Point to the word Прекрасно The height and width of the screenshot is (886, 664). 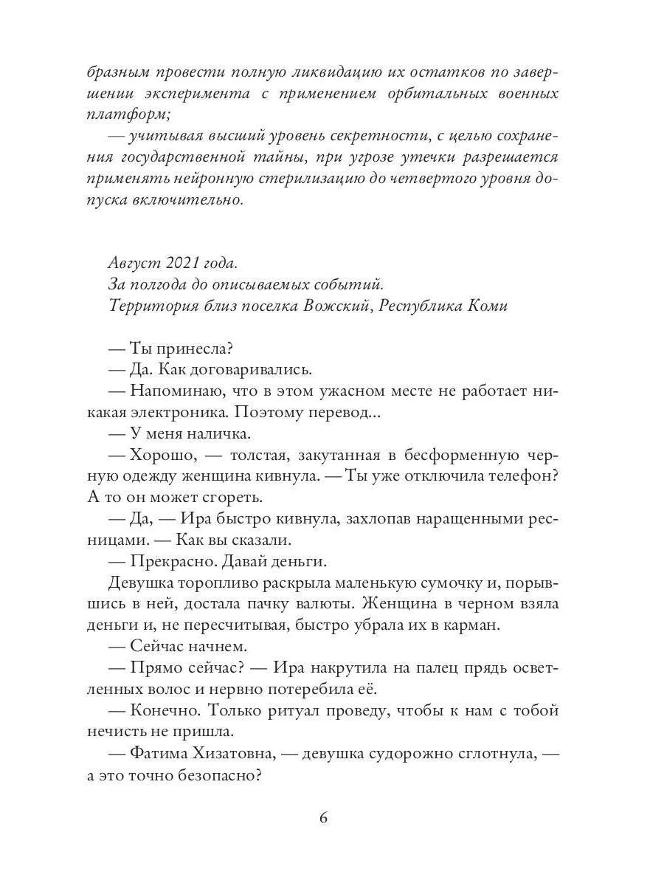tap(165, 561)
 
